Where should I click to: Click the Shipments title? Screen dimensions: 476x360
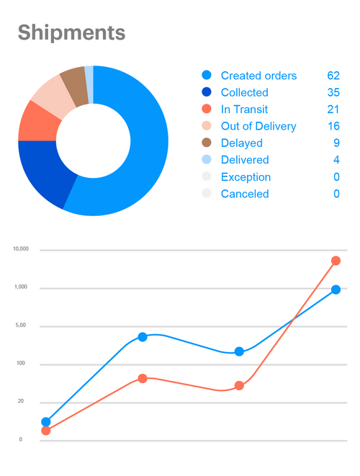(71, 32)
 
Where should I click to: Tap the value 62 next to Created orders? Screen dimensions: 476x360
(332, 76)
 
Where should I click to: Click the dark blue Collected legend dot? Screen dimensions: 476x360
(207, 92)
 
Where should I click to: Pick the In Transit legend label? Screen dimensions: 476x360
(245, 109)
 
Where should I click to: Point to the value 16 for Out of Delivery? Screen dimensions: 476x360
(332, 126)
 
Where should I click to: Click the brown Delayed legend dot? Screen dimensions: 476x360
(207, 143)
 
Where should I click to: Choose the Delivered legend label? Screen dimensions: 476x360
(245, 160)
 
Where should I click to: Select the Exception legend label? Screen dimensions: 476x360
(246, 177)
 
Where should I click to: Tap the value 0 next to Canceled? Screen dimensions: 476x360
(336, 194)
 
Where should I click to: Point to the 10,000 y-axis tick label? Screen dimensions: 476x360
(20, 249)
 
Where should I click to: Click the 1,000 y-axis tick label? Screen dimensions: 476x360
(20, 287)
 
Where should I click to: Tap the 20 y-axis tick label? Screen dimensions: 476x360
(20, 401)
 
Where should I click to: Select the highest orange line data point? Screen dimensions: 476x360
(336, 261)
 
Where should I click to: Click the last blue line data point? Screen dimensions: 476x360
(336, 289)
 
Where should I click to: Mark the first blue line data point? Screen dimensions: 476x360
(46, 422)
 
